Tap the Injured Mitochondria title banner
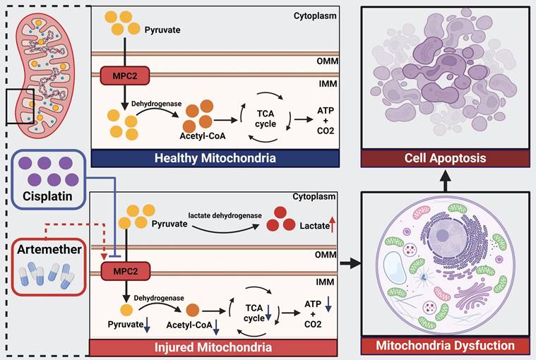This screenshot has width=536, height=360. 215,347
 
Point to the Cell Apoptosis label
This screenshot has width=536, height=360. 445,157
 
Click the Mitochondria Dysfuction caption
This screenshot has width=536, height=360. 445,346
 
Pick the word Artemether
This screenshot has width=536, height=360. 47,249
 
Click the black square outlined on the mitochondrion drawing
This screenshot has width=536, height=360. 20,107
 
